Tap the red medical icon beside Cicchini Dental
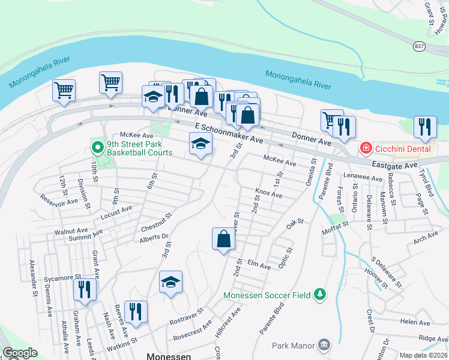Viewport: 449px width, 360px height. click(364, 147)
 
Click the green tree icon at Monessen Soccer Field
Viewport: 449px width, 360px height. click(321, 294)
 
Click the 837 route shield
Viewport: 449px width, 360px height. click(420, 46)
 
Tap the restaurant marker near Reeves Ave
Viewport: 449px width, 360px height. click(136, 311)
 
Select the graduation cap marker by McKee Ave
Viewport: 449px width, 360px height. click(200, 143)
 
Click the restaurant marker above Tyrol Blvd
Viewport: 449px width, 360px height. click(425, 126)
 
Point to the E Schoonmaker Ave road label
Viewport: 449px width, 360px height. click(229, 133)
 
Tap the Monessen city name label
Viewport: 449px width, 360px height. click(169, 355)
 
